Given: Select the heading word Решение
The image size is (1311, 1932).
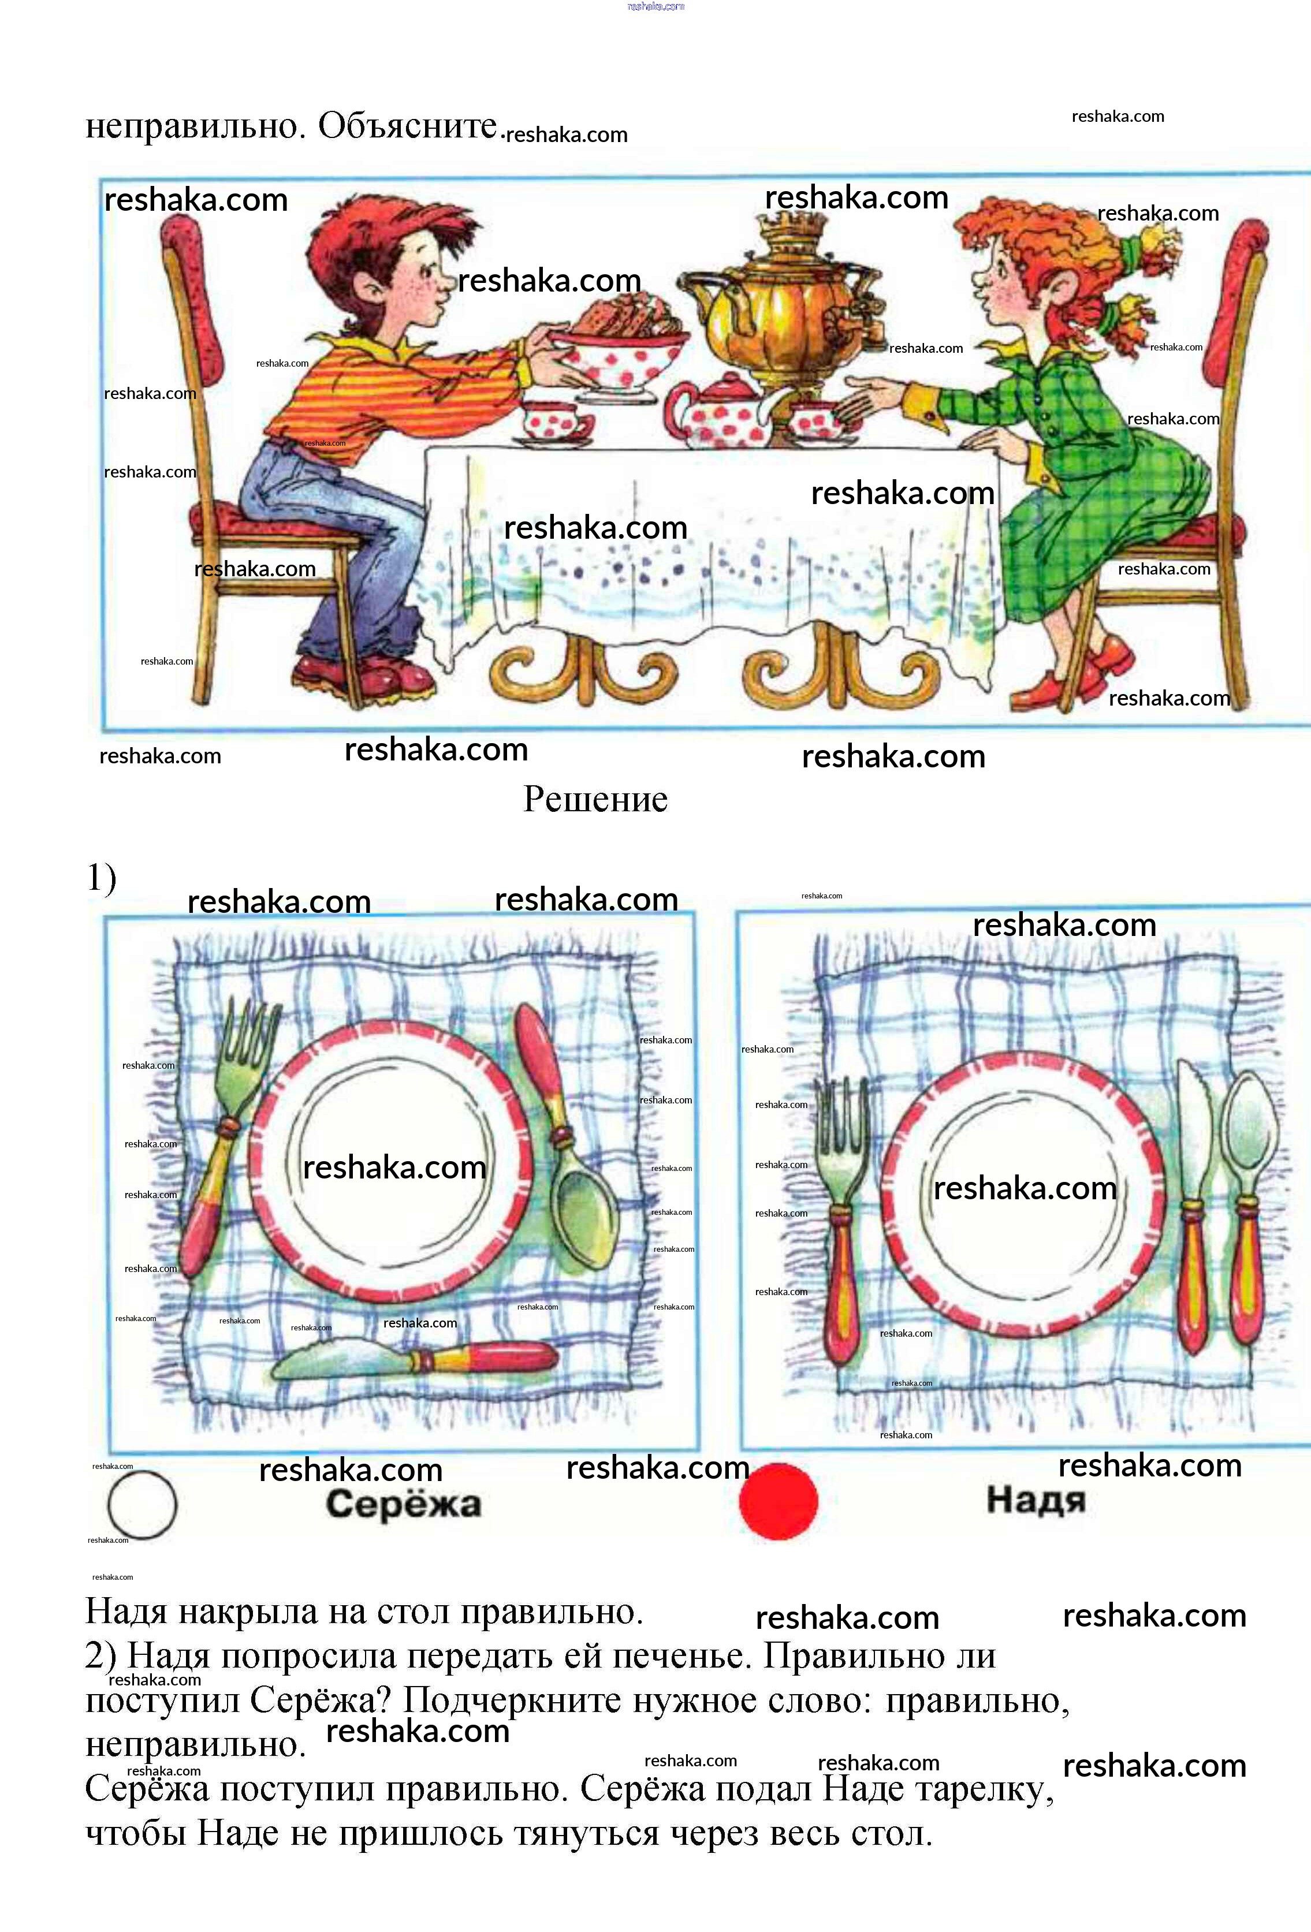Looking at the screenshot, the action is point(595,799).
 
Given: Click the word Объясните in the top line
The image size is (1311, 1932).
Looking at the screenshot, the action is point(407,125).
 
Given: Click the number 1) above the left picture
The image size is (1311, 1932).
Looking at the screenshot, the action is point(102,878).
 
